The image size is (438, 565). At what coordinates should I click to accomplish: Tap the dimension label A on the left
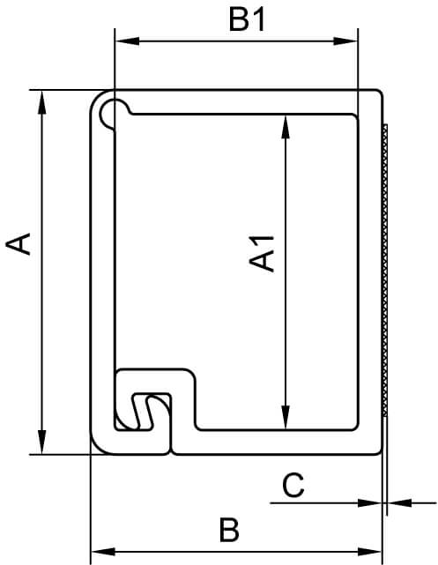pos(18,244)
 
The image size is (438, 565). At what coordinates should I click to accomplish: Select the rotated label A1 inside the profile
pos(262,253)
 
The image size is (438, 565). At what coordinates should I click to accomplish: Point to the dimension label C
pos(293,486)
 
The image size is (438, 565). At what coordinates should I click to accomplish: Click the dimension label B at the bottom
pos(229,530)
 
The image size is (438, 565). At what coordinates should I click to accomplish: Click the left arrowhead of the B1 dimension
pos(127,41)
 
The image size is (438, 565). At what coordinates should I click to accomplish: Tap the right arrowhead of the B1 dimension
pos(345,41)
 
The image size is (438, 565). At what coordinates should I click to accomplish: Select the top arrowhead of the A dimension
pos(42,102)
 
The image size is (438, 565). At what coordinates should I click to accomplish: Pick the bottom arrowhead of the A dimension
pos(42,442)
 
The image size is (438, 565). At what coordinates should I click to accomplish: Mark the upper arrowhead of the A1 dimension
pos(286,127)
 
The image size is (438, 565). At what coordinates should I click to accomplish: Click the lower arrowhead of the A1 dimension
pos(286,418)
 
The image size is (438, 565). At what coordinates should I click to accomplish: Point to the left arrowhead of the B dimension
pos(103,552)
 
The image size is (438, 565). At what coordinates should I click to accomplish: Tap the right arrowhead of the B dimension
pos(369,552)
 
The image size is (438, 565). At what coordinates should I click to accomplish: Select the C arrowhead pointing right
pos(369,503)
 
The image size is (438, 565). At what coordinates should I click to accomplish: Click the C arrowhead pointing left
pos(399,503)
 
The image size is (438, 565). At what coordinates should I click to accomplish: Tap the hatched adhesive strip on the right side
pos(385,271)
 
